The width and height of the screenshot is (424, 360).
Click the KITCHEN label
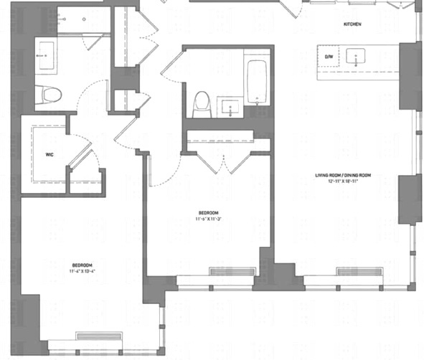pyautogui.click(x=352, y=24)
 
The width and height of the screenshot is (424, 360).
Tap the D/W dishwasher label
pyautogui.click(x=330, y=56)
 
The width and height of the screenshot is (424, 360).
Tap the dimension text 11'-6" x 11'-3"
pyautogui.click(x=208, y=219)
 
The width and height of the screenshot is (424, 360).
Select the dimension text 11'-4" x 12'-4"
pyautogui.click(x=82, y=271)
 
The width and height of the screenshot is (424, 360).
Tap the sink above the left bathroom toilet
pyautogui.click(x=45, y=54)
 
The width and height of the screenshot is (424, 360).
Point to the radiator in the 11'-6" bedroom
pyautogui.click(x=231, y=271)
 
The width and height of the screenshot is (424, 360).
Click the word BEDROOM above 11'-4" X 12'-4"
pyautogui.click(x=82, y=265)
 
